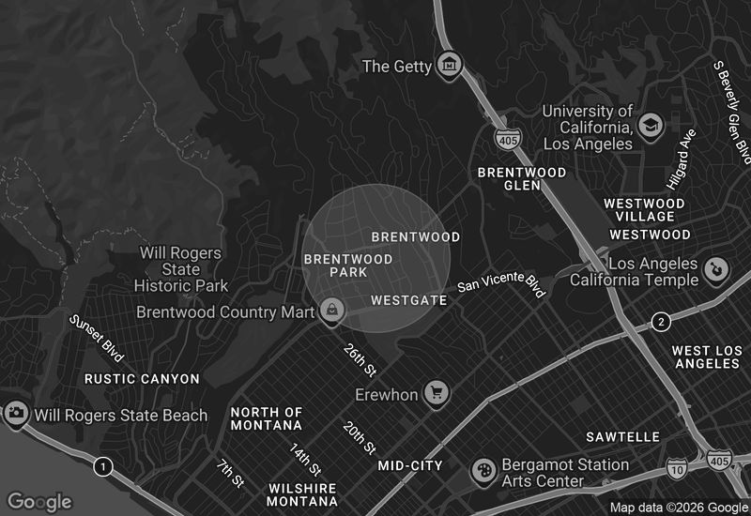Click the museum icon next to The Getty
click(451, 66)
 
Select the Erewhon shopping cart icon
click(436, 393)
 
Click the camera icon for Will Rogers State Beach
click(16, 413)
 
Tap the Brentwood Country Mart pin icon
click(330, 310)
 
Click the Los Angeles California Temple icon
click(717, 270)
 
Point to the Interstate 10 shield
click(678, 466)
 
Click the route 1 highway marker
click(103, 465)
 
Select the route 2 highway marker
click(662, 323)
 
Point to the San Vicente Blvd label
click(501, 283)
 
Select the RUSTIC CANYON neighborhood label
click(142, 379)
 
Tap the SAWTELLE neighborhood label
click(622, 437)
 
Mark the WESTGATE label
click(408, 301)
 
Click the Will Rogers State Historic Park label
click(181, 269)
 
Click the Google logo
click(38, 502)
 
